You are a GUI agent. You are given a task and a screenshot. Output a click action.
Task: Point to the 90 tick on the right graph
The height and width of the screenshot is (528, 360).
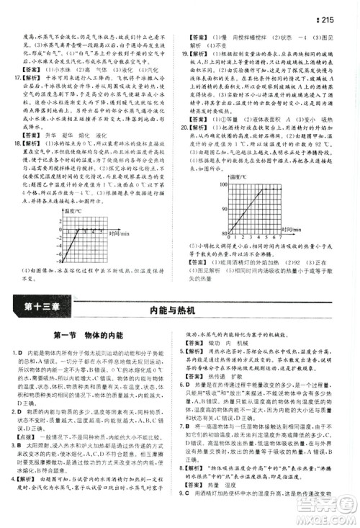tap(226, 210)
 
